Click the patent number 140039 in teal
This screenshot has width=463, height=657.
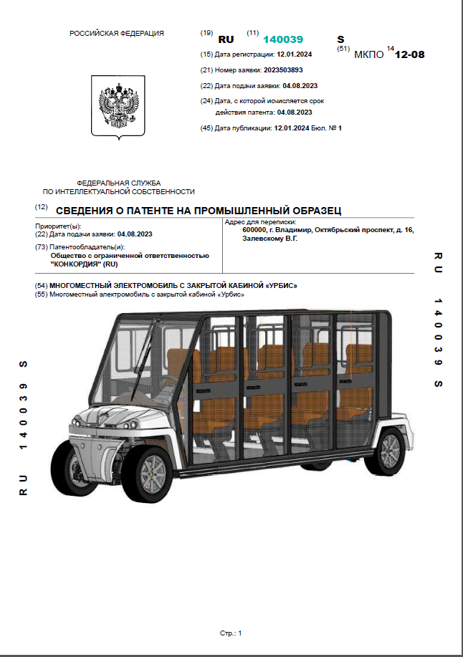pyautogui.click(x=283, y=39)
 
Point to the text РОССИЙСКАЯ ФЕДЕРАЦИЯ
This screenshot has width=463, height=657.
pyautogui.click(x=117, y=34)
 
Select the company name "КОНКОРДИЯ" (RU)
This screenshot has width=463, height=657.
pyautogui.click(x=85, y=264)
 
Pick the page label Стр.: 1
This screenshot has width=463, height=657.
pyautogui.click(x=231, y=633)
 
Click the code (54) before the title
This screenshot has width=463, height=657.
pyautogui.click(x=41, y=286)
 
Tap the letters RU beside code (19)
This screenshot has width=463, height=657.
pyautogui.click(x=226, y=39)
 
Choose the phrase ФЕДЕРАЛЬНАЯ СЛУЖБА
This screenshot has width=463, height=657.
pyautogui.click(x=118, y=183)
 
